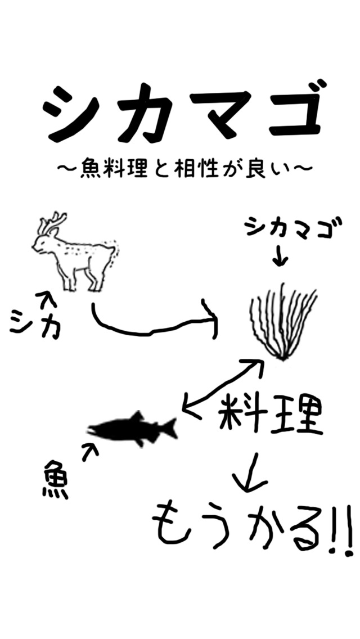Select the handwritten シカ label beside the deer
coord(35,322)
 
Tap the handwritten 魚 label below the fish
coord(55,480)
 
